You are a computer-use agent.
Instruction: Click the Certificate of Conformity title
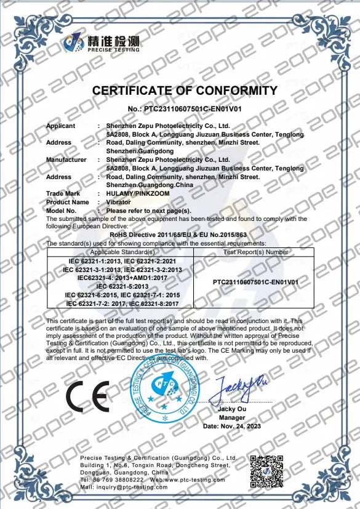[x=185, y=91]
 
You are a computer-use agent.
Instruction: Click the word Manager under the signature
[x=232, y=418]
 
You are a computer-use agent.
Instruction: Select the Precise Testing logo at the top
[x=103, y=44]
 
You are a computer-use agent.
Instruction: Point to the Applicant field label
[x=60, y=126]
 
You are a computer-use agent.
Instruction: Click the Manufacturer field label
[x=66, y=160]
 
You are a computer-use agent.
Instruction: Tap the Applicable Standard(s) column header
[x=122, y=252]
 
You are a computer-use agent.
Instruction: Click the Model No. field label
[x=62, y=210]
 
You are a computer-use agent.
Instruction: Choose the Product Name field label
[x=67, y=202]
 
